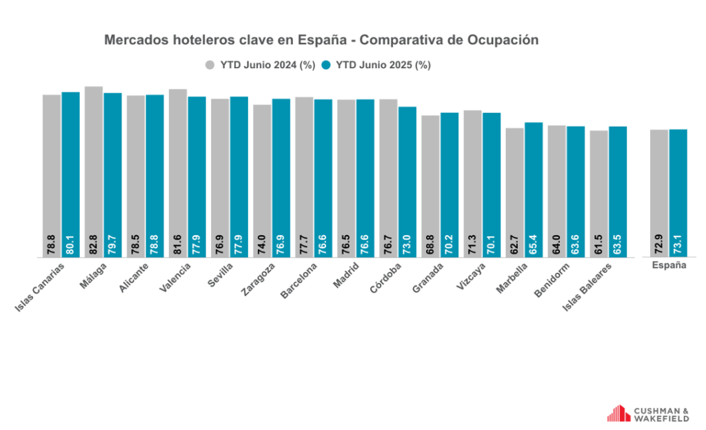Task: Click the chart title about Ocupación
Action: coord(321,40)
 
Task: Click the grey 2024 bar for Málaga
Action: coord(94,172)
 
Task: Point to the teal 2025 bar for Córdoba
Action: coord(407,183)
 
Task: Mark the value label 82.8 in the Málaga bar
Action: coord(94,245)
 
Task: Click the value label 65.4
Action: coord(534,245)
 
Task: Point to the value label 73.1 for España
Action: coord(678,245)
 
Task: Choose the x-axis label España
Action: coord(669,266)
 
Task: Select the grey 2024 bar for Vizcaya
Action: coord(472,183)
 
